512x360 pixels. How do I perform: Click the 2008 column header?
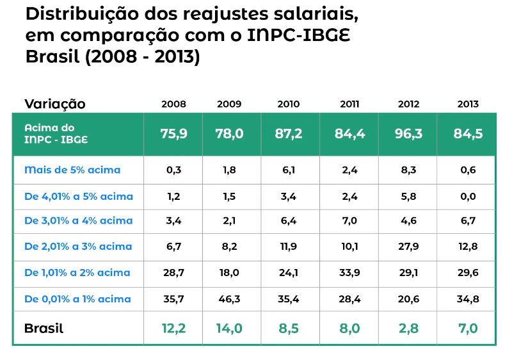click(x=173, y=104)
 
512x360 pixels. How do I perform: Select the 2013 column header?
click(x=468, y=104)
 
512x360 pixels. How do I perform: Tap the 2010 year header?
click(x=289, y=104)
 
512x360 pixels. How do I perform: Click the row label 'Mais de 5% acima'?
click(x=72, y=170)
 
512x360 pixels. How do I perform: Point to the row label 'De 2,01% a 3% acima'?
click(x=78, y=246)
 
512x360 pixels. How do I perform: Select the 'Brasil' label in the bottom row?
click(x=44, y=329)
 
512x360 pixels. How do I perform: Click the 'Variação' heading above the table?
click(x=55, y=104)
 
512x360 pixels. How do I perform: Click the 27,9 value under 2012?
click(x=409, y=246)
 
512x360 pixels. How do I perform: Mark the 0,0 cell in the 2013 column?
click(x=468, y=197)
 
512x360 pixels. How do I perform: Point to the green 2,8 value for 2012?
click(x=409, y=329)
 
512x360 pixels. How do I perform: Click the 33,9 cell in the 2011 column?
click(x=349, y=272)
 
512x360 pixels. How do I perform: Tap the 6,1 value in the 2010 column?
click(x=289, y=170)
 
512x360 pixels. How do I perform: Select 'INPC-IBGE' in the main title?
click(x=298, y=35)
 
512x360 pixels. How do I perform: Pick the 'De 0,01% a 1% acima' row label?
click(x=77, y=299)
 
